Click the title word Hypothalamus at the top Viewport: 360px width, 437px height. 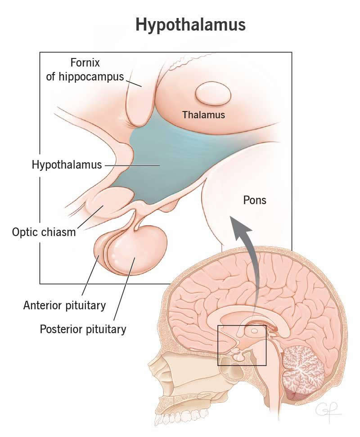tap(190, 25)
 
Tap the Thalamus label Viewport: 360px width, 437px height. tap(203, 115)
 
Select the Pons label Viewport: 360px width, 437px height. tap(255, 200)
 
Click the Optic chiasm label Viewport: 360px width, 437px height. tap(44, 233)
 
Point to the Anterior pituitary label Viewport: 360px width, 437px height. tap(64, 306)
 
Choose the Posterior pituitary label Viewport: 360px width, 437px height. tap(83, 329)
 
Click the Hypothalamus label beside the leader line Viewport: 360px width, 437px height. tap(67, 165)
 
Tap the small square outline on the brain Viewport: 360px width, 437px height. tap(242, 345)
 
